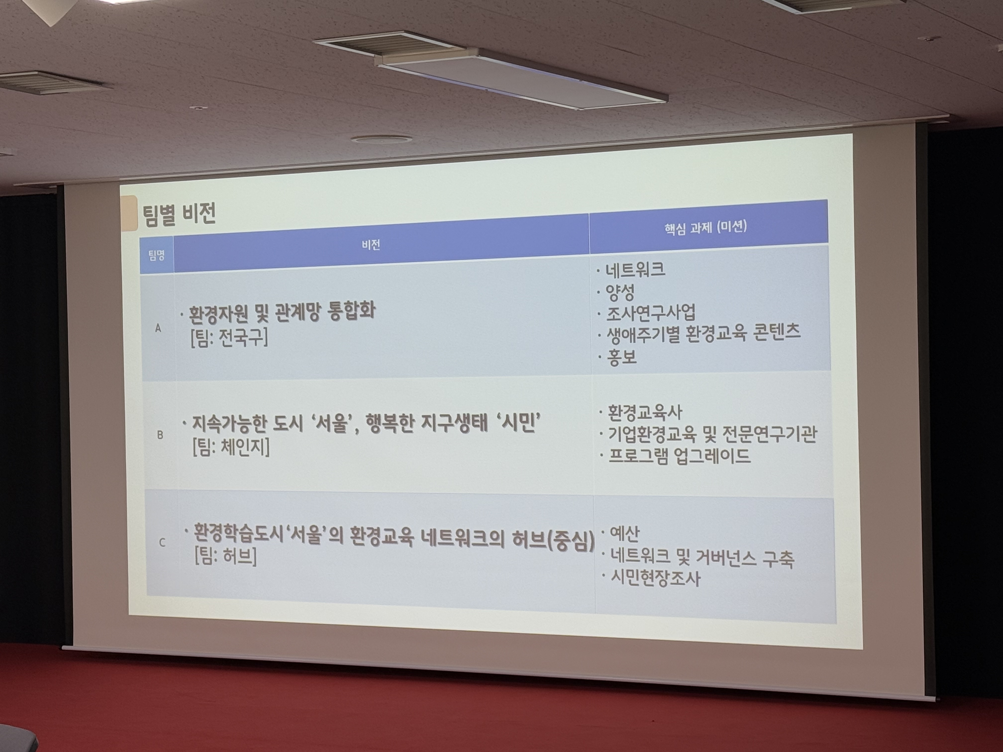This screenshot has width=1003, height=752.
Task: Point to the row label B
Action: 160,435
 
